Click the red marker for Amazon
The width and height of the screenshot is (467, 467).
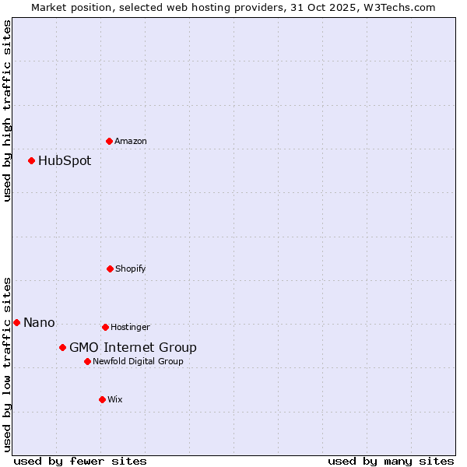[x=110, y=141]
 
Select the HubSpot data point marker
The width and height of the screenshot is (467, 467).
[x=32, y=161]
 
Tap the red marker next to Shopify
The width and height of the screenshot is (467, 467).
[x=110, y=269]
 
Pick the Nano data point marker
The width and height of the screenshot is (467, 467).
[x=16, y=322]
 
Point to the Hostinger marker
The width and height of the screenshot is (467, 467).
[x=105, y=327]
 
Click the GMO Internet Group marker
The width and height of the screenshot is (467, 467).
[x=62, y=347]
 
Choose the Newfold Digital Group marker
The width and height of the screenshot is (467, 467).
[x=87, y=361]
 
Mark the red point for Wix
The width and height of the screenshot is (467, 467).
[x=102, y=399]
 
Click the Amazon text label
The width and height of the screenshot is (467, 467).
[x=131, y=141]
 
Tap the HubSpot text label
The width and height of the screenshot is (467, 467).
[x=65, y=161]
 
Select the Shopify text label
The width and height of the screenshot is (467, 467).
[x=131, y=269]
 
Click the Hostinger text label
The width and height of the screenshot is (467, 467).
[x=130, y=327]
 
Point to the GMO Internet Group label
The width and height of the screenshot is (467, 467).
[x=133, y=348]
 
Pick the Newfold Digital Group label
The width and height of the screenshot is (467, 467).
[x=139, y=361]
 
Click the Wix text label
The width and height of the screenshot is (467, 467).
[x=115, y=399]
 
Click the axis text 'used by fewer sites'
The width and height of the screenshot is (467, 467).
[x=80, y=461]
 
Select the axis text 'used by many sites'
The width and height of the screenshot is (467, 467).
[x=391, y=461]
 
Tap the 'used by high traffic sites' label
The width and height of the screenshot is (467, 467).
[x=7, y=111]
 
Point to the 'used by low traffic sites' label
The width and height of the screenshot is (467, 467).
[x=7, y=363]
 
